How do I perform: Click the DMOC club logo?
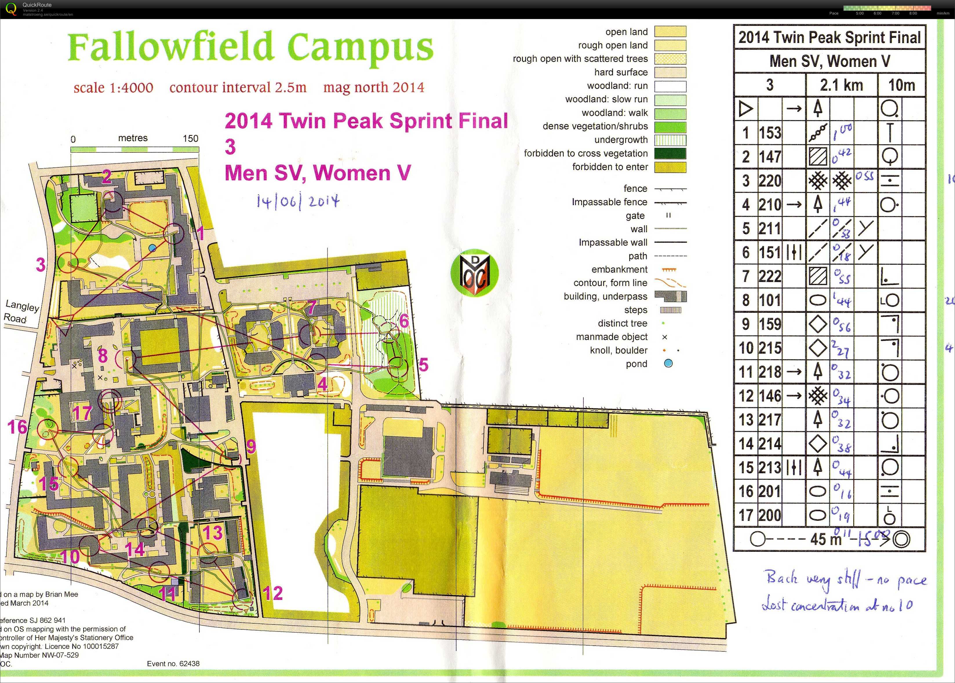click(474, 273)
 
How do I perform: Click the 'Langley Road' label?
click(21, 312)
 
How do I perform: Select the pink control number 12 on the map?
click(273, 593)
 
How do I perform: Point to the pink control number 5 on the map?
click(423, 365)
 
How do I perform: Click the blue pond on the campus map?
click(152, 248)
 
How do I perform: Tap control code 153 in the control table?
click(770, 133)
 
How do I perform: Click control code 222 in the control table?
click(770, 277)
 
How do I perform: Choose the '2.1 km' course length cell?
click(841, 85)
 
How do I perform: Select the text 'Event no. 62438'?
click(173, 664)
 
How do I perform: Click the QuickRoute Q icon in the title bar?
click(11, 9)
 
